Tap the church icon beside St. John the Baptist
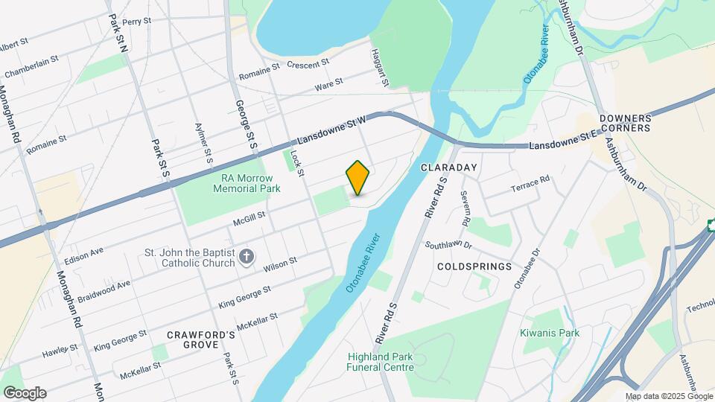pyautogui.click(x=247, y=257)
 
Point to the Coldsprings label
pyautogui.click(x=474, y=266)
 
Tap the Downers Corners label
pyautogui.click(x=625, y=123)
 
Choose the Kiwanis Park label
pyautogui.click(x=550, y=333)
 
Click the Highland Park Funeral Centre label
pyautogui.click(x=380, y=361)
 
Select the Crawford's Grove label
pyautogui.click(x=201, y=340)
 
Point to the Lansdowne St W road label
pyautogui.click(x=333, y=130)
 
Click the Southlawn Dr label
pyautogui.click(x=448, y=244)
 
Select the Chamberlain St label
pyautogui.click(x=31, y=68)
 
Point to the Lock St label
pyautogui.click(x=297, y=162)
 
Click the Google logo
pyautogui.click(x=24, y=393)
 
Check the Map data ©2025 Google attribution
pyautogui.click(x=668, y=397)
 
